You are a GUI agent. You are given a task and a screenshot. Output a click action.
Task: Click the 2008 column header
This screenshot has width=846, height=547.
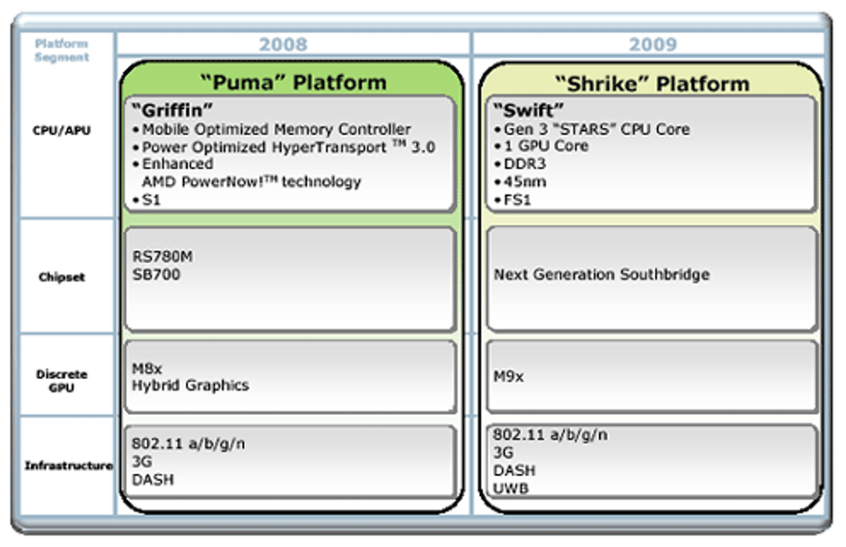coord(283,44)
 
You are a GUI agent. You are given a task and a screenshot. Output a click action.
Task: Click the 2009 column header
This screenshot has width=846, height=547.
coord(653,44)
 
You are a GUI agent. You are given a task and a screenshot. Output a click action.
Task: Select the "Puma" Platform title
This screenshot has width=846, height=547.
coord(294,82)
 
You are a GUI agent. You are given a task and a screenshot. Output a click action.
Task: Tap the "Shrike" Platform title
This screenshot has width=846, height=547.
coord(653,83)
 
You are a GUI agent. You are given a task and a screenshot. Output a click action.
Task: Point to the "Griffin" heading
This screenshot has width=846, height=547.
coord(172,110)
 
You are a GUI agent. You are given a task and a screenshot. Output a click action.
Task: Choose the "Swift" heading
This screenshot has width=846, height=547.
coord(528,110)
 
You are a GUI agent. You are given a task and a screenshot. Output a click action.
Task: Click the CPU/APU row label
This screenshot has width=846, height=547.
coord(62,131)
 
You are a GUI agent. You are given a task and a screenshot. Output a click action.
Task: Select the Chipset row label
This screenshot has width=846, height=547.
coord(62,277)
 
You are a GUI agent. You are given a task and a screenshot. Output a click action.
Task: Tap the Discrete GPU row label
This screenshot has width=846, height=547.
coord(62,381)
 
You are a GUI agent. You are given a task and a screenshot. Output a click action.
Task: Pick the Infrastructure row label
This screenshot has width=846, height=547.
coord(69,465)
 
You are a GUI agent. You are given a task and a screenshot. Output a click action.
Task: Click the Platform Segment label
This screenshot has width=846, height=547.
coord(62,50)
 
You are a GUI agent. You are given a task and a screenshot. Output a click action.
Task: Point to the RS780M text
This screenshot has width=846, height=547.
coord(162,257)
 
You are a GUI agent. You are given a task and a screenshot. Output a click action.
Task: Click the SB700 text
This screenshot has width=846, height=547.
coord(157,275)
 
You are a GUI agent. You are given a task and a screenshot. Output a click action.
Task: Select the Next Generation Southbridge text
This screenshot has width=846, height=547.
coord(602,275)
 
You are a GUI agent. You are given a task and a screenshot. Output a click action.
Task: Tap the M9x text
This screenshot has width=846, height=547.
coord(508,376)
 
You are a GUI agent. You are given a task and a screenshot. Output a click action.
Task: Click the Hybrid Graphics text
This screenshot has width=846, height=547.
coord(190,386)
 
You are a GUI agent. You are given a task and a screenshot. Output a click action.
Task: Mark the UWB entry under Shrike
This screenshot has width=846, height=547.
coord(511,489)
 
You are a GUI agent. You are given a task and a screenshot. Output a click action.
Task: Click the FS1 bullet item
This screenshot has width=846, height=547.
coord(513,200)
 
